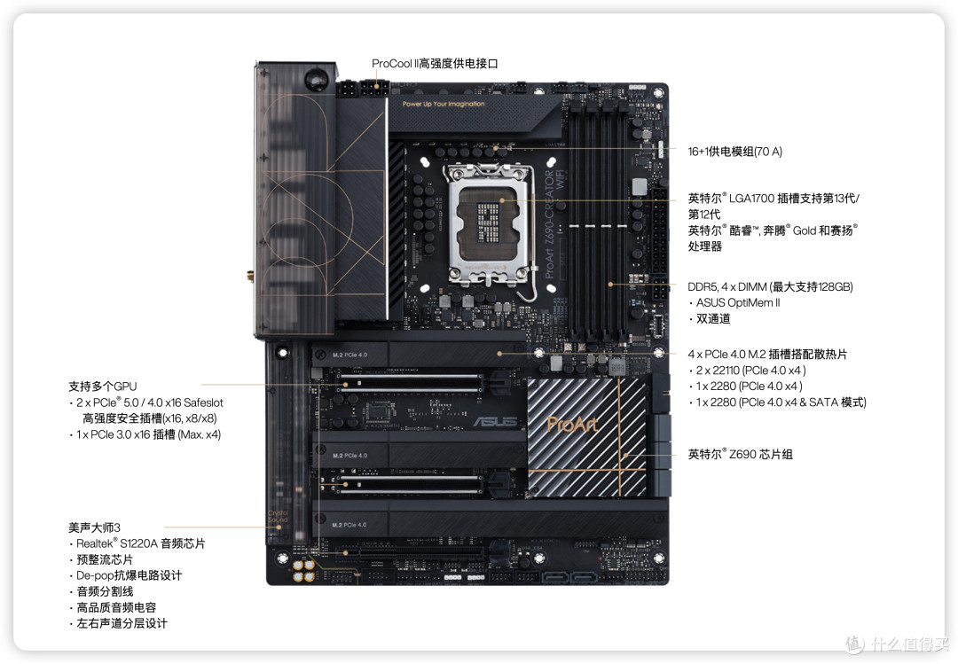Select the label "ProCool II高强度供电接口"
pos(435,64)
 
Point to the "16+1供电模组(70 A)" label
pos(735,152)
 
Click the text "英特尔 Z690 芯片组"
pos(740,454)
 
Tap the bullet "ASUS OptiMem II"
pos(737,303)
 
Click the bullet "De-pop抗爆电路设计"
pos(128,575)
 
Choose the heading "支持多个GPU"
pos(102,387)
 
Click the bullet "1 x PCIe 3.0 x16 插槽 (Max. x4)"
pos(147,434)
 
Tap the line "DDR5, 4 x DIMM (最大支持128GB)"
pos(770,287)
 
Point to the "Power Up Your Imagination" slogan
pos(444,104)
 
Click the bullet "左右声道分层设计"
pos(122,623)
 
